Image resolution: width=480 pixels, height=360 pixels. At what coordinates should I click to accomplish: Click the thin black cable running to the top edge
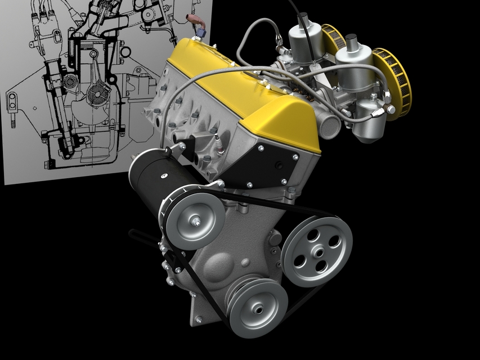point(293,11)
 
